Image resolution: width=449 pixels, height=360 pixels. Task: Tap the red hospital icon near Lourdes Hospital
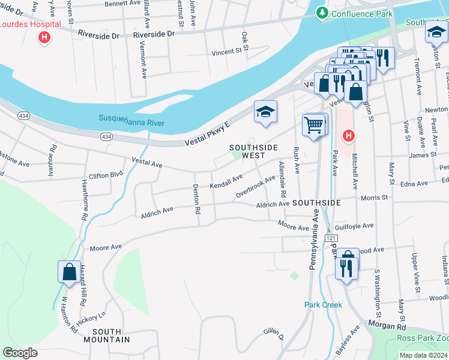point(43,38)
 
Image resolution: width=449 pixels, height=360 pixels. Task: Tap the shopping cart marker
point(314,125)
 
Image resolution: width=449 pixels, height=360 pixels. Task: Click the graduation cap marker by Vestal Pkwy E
point(265,112)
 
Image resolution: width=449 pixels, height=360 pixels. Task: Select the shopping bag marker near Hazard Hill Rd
point(70,271)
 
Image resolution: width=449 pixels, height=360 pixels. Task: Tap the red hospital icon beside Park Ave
point(347,137)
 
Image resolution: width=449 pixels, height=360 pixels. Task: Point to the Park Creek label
point(323,305)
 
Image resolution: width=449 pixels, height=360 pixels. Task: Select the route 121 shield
point(331,238)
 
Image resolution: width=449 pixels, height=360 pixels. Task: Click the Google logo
point(20,353)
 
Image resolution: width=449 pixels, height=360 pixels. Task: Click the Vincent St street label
point(226,53)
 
